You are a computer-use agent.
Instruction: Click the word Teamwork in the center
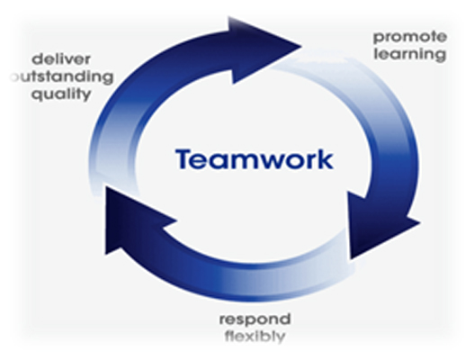(x=255, y=158)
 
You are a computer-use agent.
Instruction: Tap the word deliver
(x=61, y=59)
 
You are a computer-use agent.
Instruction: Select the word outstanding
(x=62, y=77)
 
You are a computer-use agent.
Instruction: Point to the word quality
(x=61, y=94)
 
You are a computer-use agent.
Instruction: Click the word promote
(x=410, y=38)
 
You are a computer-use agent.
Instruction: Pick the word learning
(x=410, y=55)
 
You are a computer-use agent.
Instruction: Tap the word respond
(x=255, y=320)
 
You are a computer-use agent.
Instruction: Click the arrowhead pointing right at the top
(x=265, y=49)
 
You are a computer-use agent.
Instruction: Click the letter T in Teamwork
(x=185, y=158)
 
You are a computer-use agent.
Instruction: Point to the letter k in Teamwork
(x=325, y=158)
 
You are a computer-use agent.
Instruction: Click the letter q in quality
(x=37, y=95)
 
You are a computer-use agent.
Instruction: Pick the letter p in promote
(x=379, y=39)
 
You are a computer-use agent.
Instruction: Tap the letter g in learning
(x=441, y=57)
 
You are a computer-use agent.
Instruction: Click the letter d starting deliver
(x=38, y=59)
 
